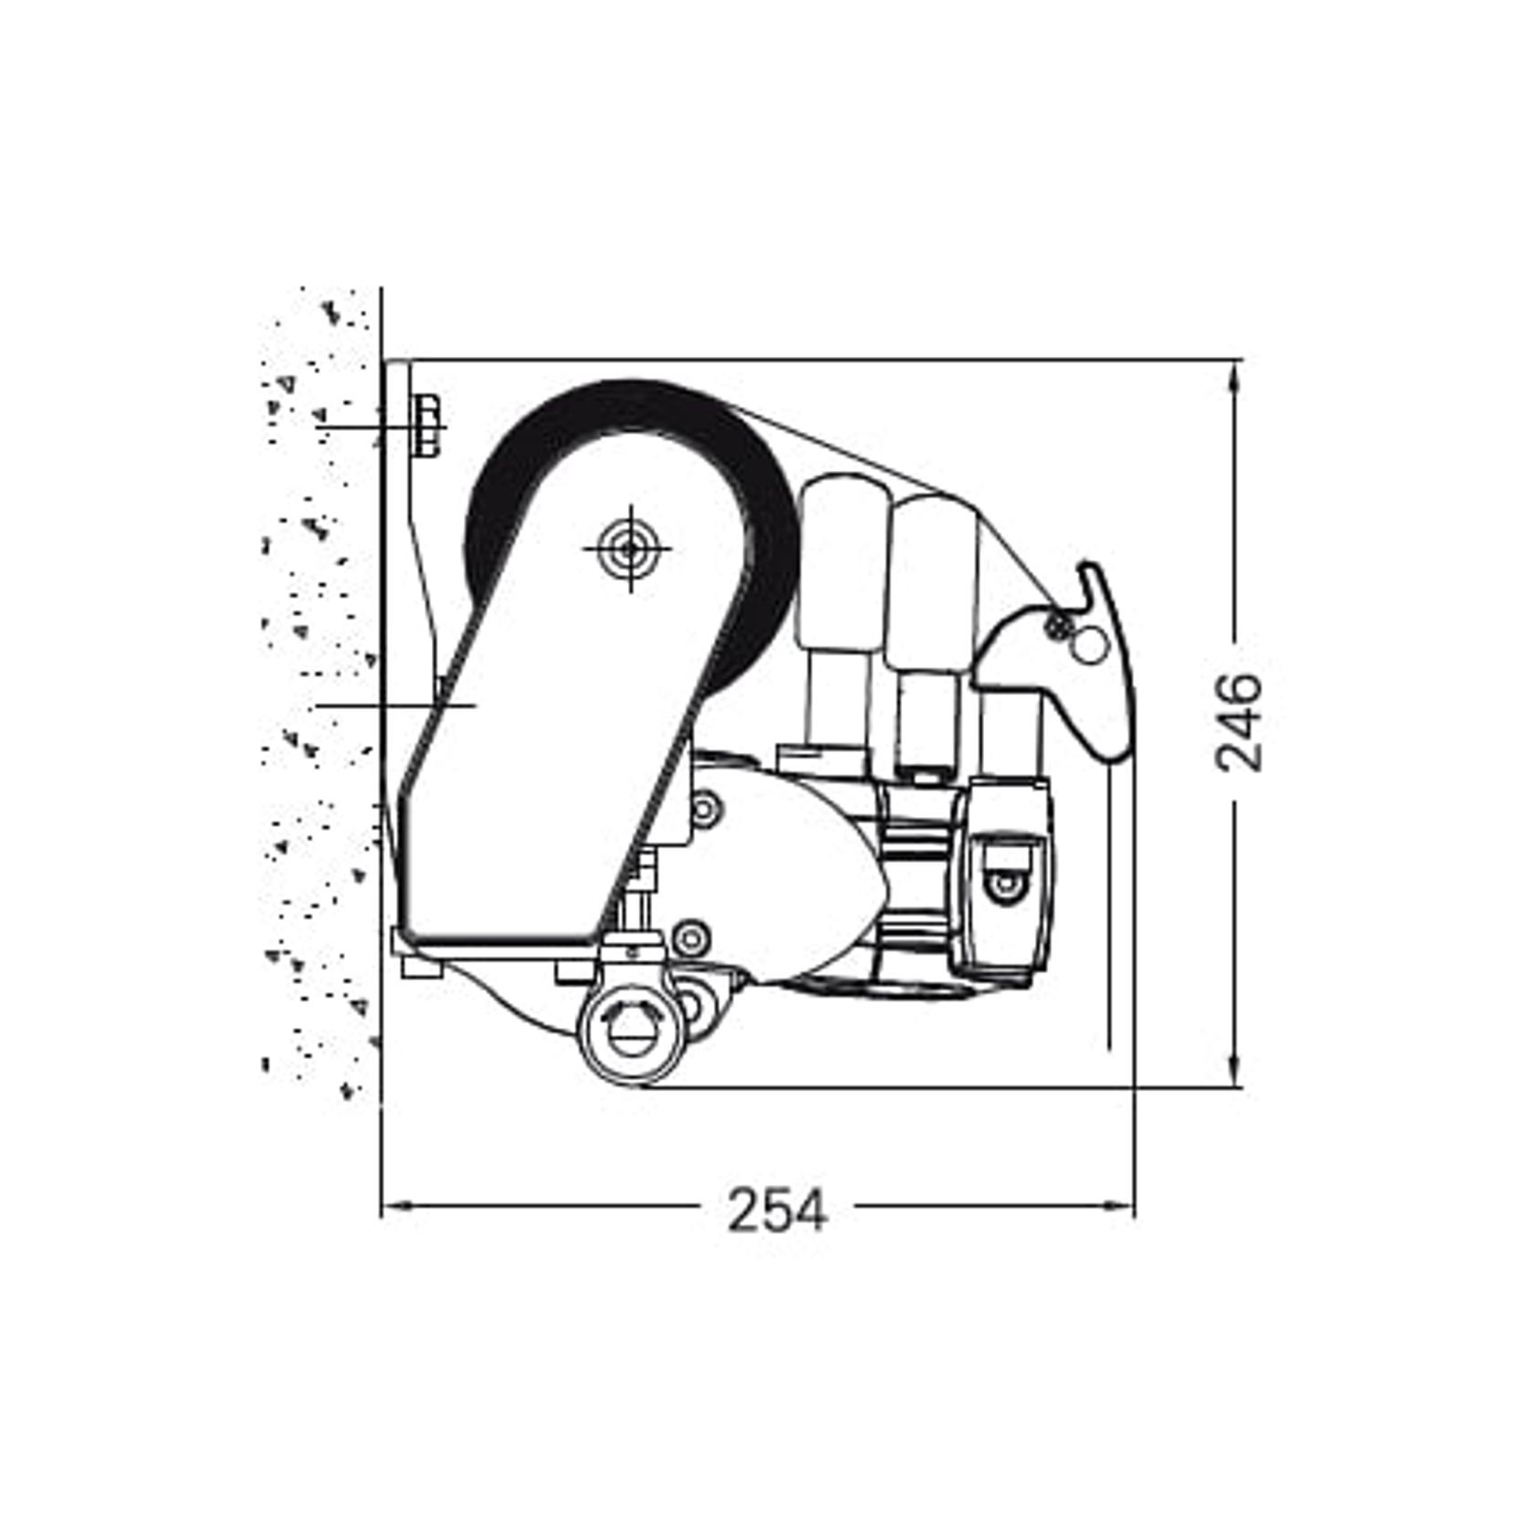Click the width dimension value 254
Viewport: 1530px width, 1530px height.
777,1210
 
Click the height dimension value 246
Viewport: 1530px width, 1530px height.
1239,722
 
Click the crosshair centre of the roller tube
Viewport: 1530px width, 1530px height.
629,549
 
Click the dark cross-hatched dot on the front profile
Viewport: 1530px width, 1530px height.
1058,625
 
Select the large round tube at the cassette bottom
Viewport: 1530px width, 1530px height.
631,1038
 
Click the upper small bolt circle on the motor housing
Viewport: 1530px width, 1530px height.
705,808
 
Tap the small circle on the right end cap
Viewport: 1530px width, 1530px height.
1004,883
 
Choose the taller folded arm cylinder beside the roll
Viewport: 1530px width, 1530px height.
839,566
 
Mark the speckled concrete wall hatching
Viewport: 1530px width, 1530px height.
320,730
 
